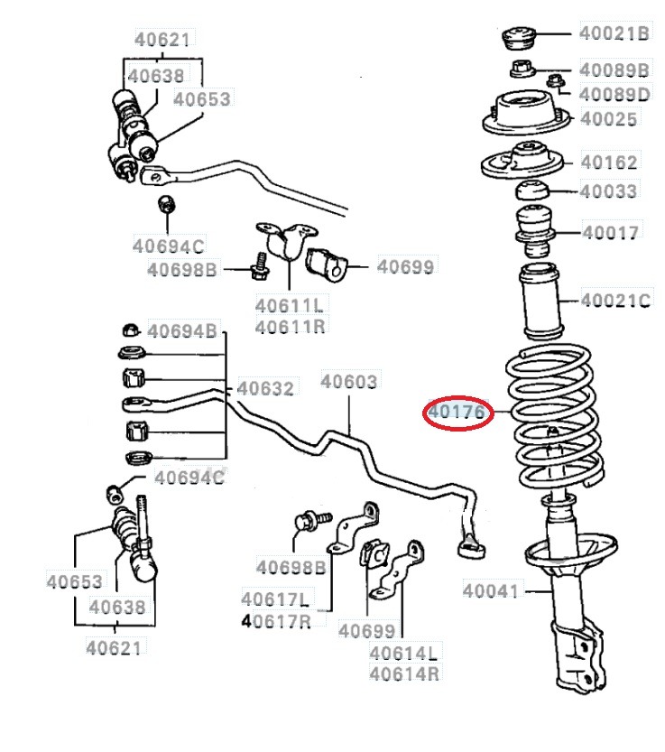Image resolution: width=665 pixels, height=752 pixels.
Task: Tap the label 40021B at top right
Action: coord(614,33)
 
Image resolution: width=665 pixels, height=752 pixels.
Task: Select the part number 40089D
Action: coord(614,94)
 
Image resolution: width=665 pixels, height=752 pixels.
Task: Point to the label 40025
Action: coord(608,119)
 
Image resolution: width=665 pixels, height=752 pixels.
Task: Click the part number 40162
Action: coord(608,162)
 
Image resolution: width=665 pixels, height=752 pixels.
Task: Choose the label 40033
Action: coord(608,191)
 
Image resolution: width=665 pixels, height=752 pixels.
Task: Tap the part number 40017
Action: coord(610,233)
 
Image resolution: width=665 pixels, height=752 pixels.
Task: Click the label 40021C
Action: coord(614,300)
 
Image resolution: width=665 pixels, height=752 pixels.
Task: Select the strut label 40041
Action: coord(491,591)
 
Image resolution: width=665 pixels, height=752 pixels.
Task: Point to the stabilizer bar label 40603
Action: coord(349,382)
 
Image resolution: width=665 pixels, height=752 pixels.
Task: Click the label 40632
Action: coord(265,389)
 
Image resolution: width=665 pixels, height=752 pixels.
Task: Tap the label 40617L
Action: coord(275,599)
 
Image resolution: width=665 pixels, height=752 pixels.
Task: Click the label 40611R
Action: coord(290,326)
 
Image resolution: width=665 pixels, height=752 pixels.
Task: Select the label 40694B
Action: coord(182,331)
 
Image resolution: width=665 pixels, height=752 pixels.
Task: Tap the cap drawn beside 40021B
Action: coord(521,39)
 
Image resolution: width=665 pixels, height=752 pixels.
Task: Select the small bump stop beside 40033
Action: coord(532,191)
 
